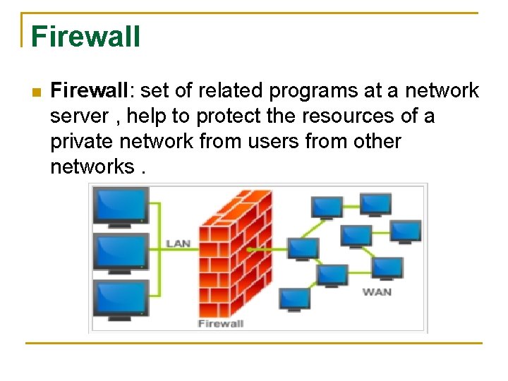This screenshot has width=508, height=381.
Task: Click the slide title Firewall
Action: (85, 37)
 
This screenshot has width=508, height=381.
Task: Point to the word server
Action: (79, 116)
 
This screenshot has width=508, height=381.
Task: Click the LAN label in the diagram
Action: (178, 244)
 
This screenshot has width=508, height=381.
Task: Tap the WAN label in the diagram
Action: (377, 292)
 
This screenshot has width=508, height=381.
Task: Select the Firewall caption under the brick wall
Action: (220, 324)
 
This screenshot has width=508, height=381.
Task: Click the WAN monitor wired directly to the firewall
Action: (303, 248)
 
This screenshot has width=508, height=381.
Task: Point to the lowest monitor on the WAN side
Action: (294, 299)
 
